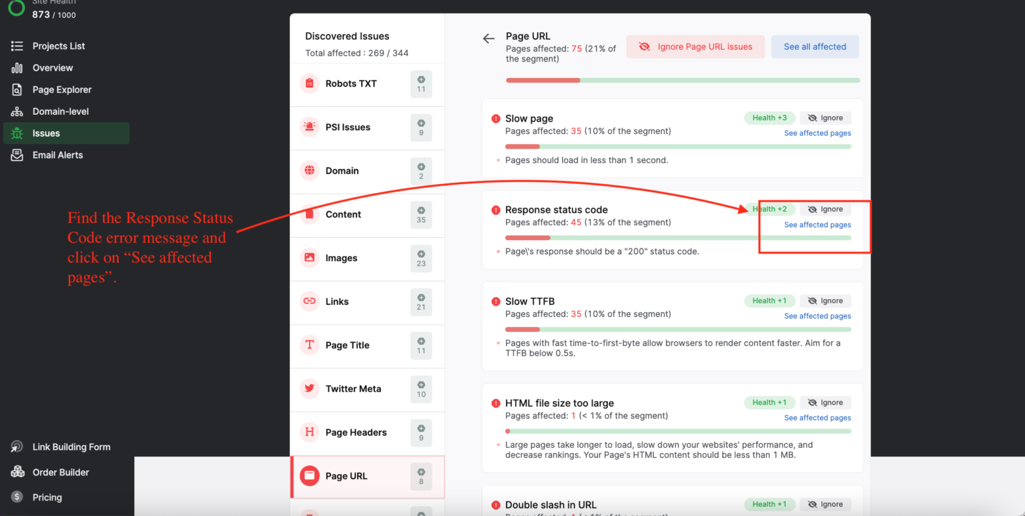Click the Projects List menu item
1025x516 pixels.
pyautogui.click(x=58, y=46)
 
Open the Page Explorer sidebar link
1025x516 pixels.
pyautogui.click(x=61, y=89)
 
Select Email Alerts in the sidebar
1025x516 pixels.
pyautogui.click(x=57, y=155)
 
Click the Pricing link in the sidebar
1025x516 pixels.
pyautogui.click(x=47, y=497)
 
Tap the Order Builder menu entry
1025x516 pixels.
pyautogui.click(x=60, y=472)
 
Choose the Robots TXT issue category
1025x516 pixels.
pyautogui.click(x=351, y=83)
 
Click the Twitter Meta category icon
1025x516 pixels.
pyautogui.click(x=310, y=389)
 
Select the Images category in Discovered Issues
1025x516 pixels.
pyautogui.click(x=341, y=258)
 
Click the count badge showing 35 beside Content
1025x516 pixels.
pyautogui.click(x=421, y=215)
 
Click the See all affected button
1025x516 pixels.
pyautogui.click(x=815, y=47)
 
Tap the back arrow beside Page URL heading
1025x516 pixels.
pyautogui.click(x=489, y=39)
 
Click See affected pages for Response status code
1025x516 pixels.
pyautogui.click(x=817, y=225)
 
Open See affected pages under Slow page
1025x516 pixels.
pyautogui.click(x=817, y=134)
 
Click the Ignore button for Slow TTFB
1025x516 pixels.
pyautogui.click(x=825, y=301)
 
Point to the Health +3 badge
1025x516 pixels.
pyautogui.click(x=769, y=118)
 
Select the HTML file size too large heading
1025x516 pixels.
pyautogui.click(x=559, y=403)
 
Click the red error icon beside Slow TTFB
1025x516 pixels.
pyautogui.click(x=496, y=302)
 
